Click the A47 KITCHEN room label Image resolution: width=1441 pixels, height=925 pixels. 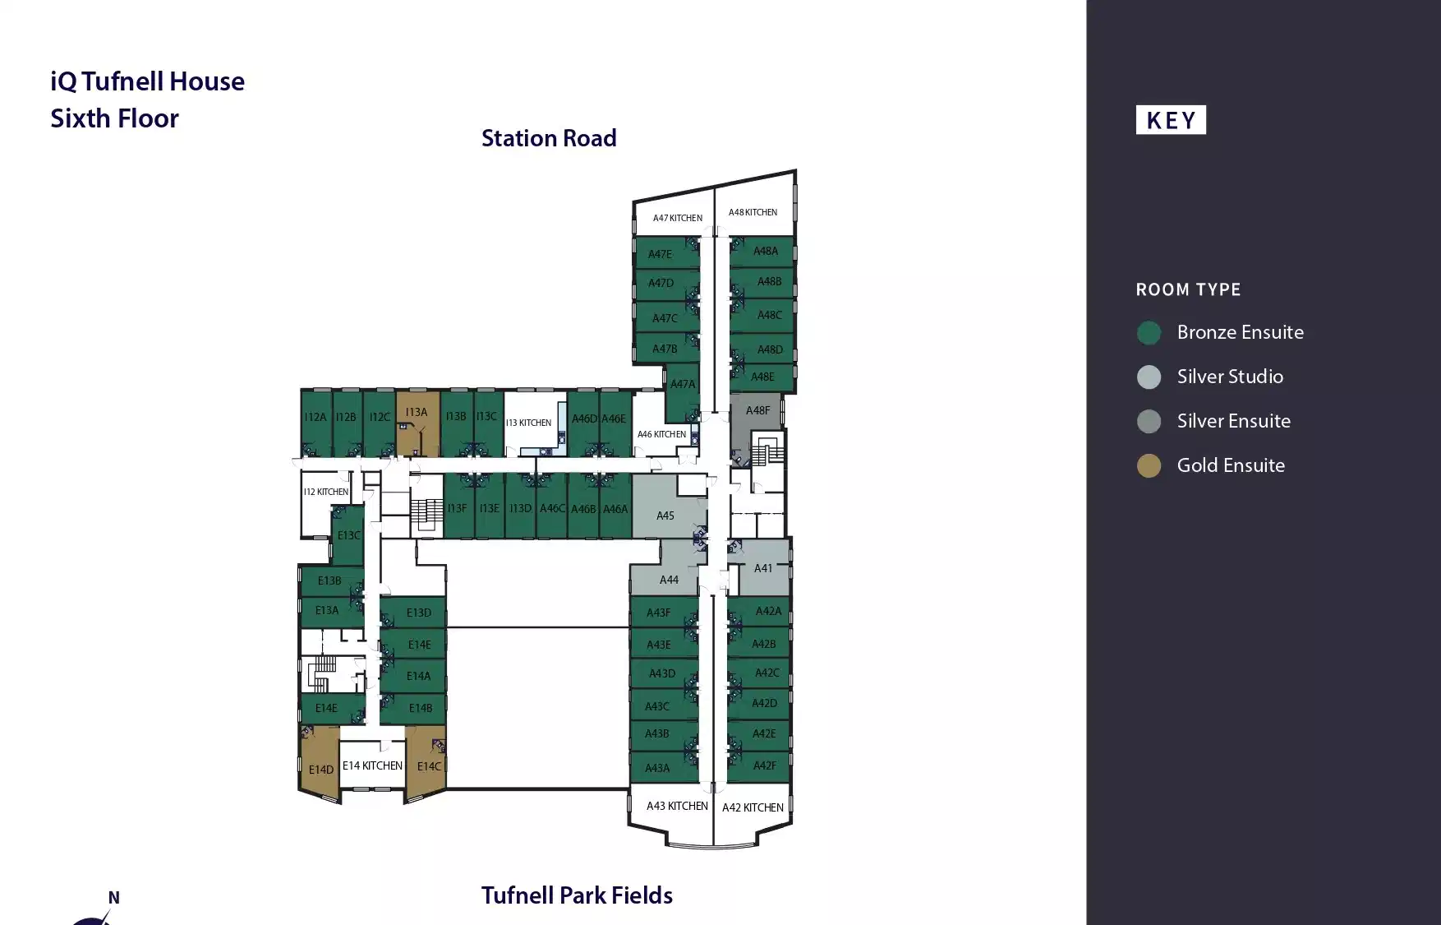click(x=677, y=218)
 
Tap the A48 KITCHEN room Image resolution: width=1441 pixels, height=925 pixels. click(x=753, y=212)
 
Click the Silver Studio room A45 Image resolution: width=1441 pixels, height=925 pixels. click(x=665, y=516)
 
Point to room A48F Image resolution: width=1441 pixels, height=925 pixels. click(x=757, y=410)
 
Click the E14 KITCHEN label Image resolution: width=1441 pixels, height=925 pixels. click(x=372, y=765)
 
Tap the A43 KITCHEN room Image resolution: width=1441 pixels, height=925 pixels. click(x=677, y=806)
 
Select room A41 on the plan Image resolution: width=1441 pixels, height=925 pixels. click(x=763, y=568)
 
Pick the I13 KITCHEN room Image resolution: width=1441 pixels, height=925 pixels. click(x=528, y=423)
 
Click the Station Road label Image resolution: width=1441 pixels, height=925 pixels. click(x=549, y=138)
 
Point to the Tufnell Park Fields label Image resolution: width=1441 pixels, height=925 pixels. click(x=577, y=895)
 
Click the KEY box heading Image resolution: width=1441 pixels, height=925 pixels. click(x=1171, y=120)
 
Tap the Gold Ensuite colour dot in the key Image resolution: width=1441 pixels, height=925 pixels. click(x=1149, y=466)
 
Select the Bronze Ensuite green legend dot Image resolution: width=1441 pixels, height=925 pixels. click(x=1149, y=333)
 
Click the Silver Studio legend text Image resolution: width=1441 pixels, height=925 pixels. click(x=1230, y=377)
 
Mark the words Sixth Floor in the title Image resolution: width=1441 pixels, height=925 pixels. click(x=114, y=118)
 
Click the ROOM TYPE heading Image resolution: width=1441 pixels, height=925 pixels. click(x=1188, y=289)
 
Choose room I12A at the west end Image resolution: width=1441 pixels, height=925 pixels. click(x=315, y=418)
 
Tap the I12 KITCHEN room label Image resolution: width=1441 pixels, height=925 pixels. click(x=325, y=492)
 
